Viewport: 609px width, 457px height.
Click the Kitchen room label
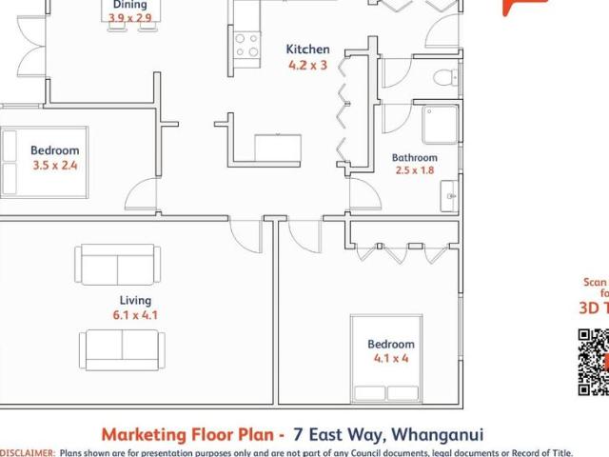pyautogui.click(x=307, y=50)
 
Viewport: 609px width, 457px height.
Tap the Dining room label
pyautogui.click(x=129, y=5)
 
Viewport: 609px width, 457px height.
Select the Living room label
pyautogui.click(x=135, y=301)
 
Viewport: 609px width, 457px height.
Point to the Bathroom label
pyautogui.click(x=415, y=158)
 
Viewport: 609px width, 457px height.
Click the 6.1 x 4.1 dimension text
pyautogui.click(x=135, y=315)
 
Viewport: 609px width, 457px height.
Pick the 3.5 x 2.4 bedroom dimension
pyautogui.click(x=54, y=165)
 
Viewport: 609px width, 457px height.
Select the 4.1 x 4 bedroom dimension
pyautogui.click(x=391, y=359)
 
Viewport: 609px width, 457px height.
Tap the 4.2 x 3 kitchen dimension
pyautogui.click(x=307, y=66)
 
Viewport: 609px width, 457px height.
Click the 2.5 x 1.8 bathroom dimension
pyautogui.click(x=415, y=171)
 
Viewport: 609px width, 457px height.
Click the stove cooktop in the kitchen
pyautogui.click(x=246, y=45)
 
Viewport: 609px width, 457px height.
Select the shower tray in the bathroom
pyautogui.click(x=440, y=125)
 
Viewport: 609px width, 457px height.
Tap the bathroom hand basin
pyautogui.click(x=449, y=197)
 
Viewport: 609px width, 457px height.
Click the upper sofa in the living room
pyautogui.click(x=120, y=264)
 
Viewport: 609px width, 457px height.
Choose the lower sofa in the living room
pyautogui.click(x=123, y=349)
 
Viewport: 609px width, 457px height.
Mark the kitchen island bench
pyautogui.click(x=278, y=149)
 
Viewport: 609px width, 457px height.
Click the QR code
pyautogui.click(x=594, y=362)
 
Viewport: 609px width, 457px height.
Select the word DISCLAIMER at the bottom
pyautogui.click(x=28, y=453)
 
